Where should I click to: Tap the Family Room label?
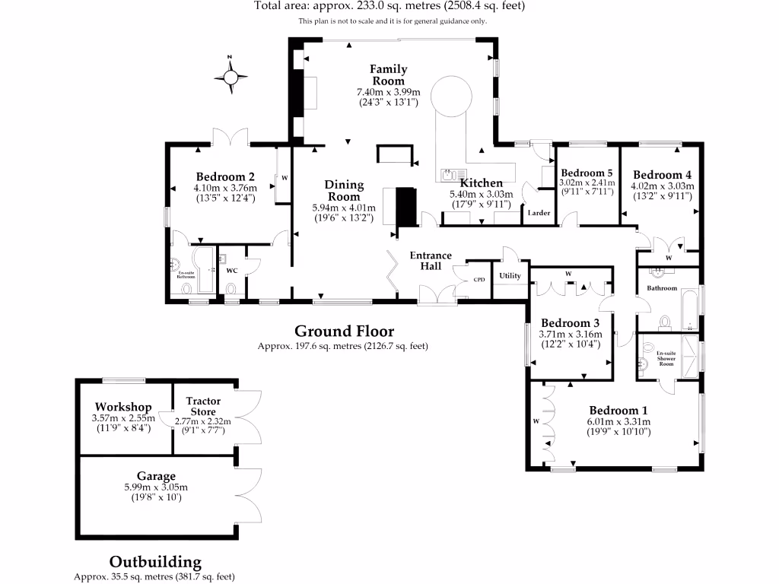point(388,75)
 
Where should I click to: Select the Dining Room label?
point(344,190)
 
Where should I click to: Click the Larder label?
point(539,213)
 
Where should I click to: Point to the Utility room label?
point(510,275)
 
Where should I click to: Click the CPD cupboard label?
point(479,279)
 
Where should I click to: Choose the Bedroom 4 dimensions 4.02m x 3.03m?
point(661,186)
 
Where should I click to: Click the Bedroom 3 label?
point(571,323)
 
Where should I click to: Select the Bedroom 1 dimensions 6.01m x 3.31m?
point(618,422)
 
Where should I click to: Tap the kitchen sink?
point(447,175)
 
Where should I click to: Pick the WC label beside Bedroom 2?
point(232,269)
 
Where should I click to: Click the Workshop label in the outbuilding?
point(122,407)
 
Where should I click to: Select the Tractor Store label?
point(203,406)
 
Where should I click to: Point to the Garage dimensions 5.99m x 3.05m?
point(155,487)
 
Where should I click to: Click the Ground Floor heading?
point(344,331)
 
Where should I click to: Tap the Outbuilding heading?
point(155,562)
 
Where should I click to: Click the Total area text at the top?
point(389,6)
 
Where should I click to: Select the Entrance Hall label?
point(431,261)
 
